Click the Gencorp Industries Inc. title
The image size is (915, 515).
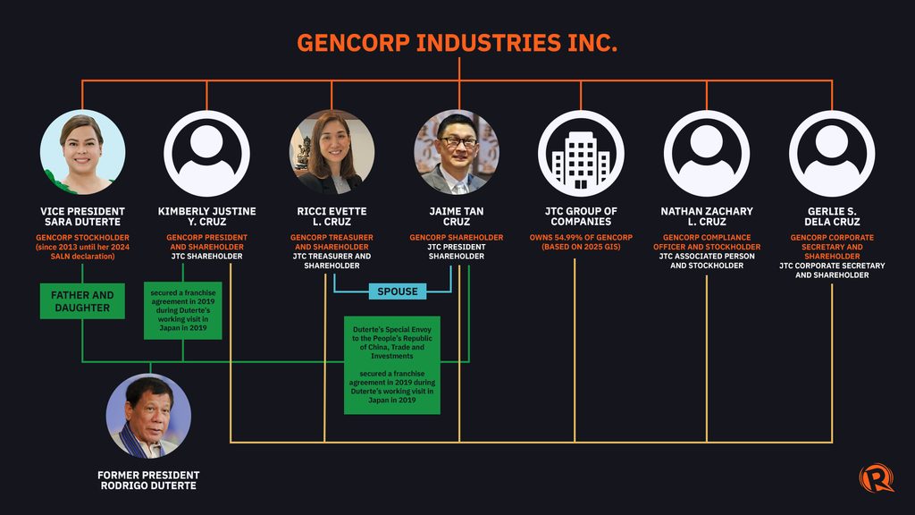click(457, 43)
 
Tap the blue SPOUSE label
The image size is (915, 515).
click(398, 291)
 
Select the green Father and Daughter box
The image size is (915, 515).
click(82, 301)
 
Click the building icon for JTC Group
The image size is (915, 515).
click(581, 154)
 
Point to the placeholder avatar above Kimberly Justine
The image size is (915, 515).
click(206, 154)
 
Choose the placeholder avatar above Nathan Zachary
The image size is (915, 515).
click(707, 154)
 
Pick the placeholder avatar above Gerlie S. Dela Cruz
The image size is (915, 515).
click(832, 154)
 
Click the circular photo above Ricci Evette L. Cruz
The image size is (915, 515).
click(332, 152)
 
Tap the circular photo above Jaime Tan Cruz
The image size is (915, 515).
click(457, 152)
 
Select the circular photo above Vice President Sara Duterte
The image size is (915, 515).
click(82, 152)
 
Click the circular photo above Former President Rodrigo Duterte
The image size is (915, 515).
click(148, 417)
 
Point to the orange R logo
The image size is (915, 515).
click(876, 477)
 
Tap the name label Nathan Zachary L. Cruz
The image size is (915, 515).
click(707, 216)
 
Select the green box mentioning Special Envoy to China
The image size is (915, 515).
click(392, 365)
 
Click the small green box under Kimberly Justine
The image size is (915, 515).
click(183, 310)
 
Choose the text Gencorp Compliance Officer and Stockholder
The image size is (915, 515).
click(707, 242)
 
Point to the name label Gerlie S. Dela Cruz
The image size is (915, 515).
click(832, 216)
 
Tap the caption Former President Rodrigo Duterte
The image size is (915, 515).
click(148, 480)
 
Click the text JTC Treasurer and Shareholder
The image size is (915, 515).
click(332, 261)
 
